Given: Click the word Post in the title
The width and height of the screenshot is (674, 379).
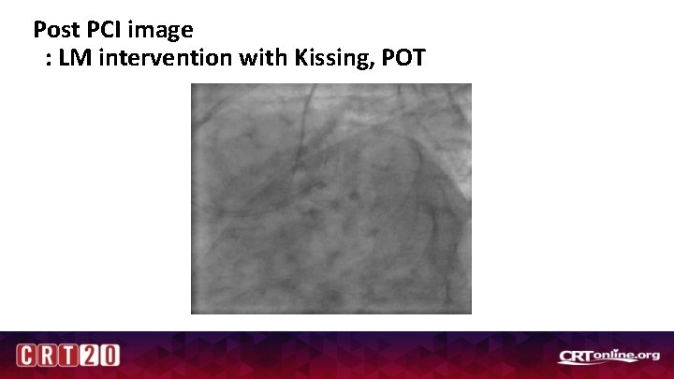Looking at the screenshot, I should [x=54, y=29].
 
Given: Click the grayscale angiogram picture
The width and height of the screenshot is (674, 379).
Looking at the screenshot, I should [x=330, y=198].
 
